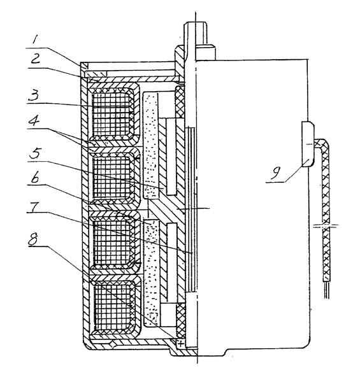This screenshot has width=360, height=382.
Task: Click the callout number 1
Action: pos(35,40)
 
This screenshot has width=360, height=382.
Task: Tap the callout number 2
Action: pos(35,59)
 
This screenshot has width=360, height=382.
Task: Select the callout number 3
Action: pos(34,95)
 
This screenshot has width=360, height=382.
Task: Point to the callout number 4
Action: pos(34,120)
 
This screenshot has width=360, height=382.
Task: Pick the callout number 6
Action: pos(35,178)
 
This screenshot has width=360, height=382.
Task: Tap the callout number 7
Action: pos(34,207)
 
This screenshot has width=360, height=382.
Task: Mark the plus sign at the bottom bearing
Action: pos(180,344)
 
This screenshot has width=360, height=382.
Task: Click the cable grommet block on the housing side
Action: pos(308,145)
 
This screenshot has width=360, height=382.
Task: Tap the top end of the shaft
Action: pos(196,23)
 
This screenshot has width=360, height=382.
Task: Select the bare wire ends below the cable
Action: pos(327,290)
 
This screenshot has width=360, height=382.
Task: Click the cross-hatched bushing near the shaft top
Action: pos(180,102)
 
